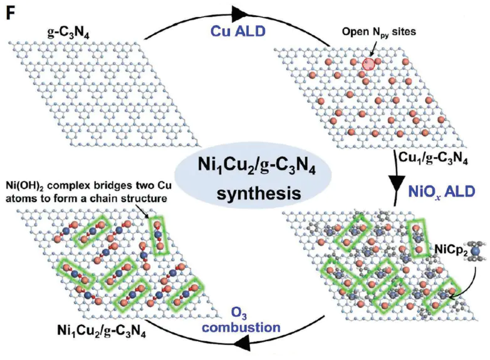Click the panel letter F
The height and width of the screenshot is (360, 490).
coord(11,13)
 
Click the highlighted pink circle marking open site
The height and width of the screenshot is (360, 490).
coord(370,63)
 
